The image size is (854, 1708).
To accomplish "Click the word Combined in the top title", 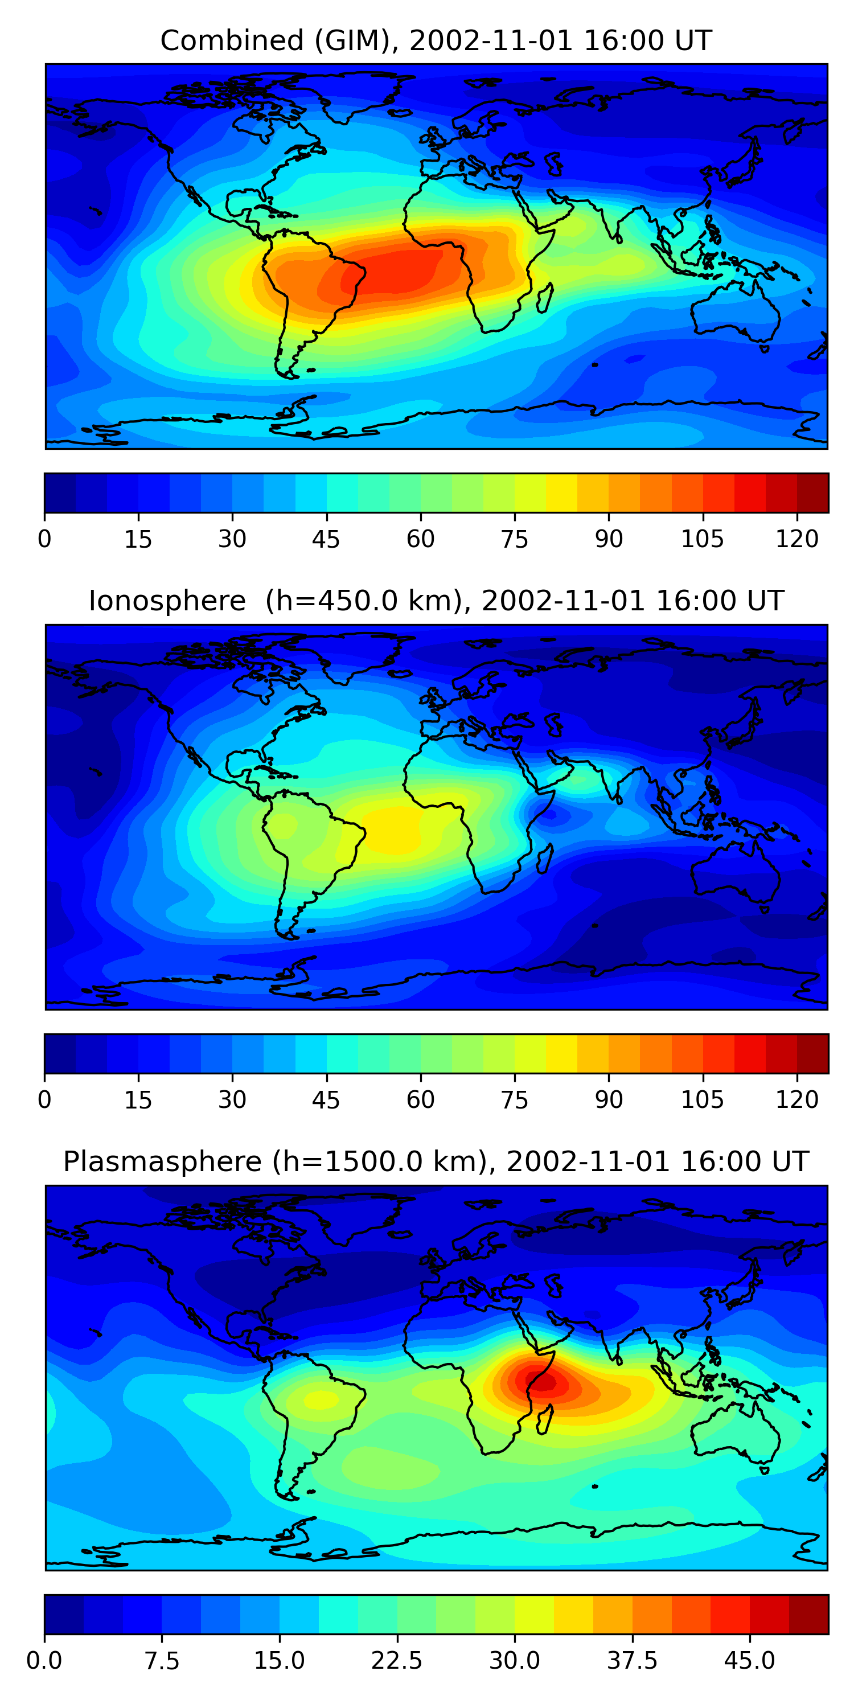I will tap(231, 41).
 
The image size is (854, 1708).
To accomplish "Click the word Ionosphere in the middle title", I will tap(167, 601).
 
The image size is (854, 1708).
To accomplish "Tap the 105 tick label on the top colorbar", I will tap(702, 540).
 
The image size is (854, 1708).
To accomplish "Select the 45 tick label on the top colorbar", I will tap(326, 540).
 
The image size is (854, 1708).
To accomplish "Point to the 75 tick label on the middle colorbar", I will tap(515, 1100).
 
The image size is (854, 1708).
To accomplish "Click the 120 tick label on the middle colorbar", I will tap(796, 1100).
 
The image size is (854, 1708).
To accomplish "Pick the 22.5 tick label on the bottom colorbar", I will tap(396, 1661).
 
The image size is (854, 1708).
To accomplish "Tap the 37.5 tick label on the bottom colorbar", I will tap(632, 1661).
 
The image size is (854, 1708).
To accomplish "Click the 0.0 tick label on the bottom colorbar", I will tap(44, 1661).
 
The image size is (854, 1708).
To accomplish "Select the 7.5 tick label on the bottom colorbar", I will tap(162, 1661).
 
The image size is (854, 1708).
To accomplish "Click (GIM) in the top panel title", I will tap(353, 41).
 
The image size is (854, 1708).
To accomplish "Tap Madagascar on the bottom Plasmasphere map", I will tap(545, 1419).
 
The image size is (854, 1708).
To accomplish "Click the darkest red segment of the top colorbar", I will tap(812, 493).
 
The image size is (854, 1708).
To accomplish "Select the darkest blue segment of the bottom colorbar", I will tap(64, 1614).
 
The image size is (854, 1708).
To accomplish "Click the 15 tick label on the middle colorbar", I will tap(138, 1100).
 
